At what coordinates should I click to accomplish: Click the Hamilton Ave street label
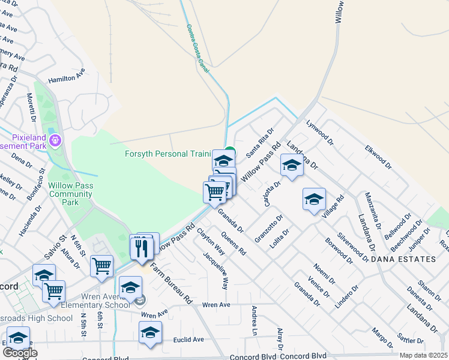[67, 78]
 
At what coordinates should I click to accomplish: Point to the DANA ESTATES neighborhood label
[402, 259]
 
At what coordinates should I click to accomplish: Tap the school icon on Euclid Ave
[150, 333]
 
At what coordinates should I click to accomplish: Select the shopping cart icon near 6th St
[101, 266]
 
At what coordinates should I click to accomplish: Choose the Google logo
[20, 353]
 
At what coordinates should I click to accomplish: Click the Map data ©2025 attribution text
[423, 355]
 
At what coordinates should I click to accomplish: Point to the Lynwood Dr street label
[319, 133]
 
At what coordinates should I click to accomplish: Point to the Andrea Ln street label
[255, 320]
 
